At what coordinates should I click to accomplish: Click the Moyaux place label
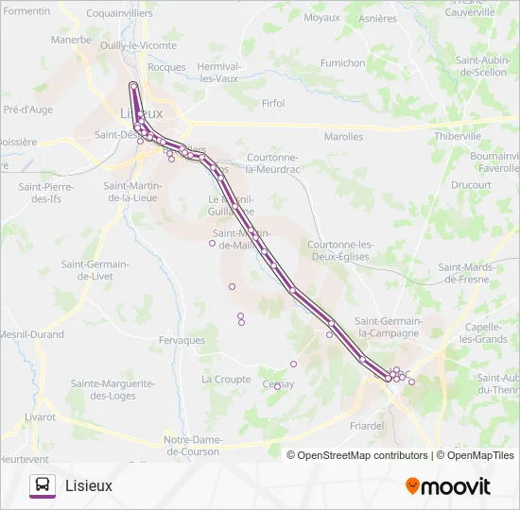(321, 18)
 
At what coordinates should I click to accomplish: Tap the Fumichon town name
(342, 63)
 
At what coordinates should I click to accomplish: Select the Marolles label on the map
(343, 137)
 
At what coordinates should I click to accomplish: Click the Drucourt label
(471, 186)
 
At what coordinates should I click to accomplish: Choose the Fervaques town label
(182, 340)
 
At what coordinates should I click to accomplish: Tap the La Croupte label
(226, 380)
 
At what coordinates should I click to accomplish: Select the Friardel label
(366, 426)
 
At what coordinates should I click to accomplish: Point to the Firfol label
(272, 103)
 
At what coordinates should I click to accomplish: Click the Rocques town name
(166, 67)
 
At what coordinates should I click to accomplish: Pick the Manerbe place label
(71, 41)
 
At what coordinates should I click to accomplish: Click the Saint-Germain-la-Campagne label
(387, 327)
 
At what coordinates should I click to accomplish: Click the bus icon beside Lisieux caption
(42, 485)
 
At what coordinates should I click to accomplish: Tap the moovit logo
(448, 485)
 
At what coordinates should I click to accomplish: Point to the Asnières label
(378, 18)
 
